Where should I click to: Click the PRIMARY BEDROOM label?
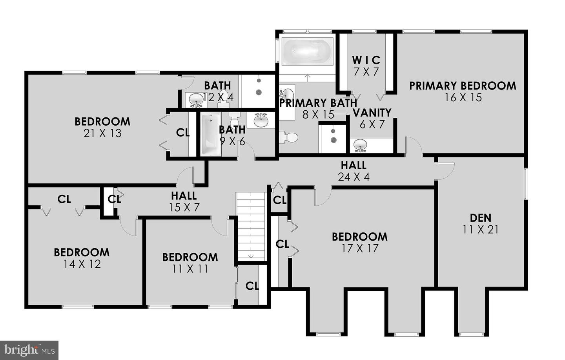pyautogui.click(x=463, y=86)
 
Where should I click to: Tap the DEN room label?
pyautogui.click(x=480, y=217)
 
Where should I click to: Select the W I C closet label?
pyautogui.click(x=366, y=60)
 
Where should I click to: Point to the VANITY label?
pyautogui.click(x=372, y=113)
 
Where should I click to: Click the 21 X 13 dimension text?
pyautogui.click(x=102, y=133)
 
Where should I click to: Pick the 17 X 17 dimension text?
pyautogui.click(x=359, y=249)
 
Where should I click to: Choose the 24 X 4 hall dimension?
pyautogui.click(x=354, y=177)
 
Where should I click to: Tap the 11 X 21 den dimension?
pyautogui.click(x=480, y=229)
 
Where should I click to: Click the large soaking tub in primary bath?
pyautogui.click(x=307, y=51)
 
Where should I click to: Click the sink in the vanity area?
pyautogui.click(x=360, y=145)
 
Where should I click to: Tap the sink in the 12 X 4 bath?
pyautogui.click(x=196, y=100)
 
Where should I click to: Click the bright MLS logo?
pyautogui.click(x=29, y=349)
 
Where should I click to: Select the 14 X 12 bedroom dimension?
pyautogui.click(x=82, y=264)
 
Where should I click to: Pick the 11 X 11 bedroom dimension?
pyautogui.click(x=190, y=269)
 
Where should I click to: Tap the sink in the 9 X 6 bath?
pyautogui.click(x=261, y=120)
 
